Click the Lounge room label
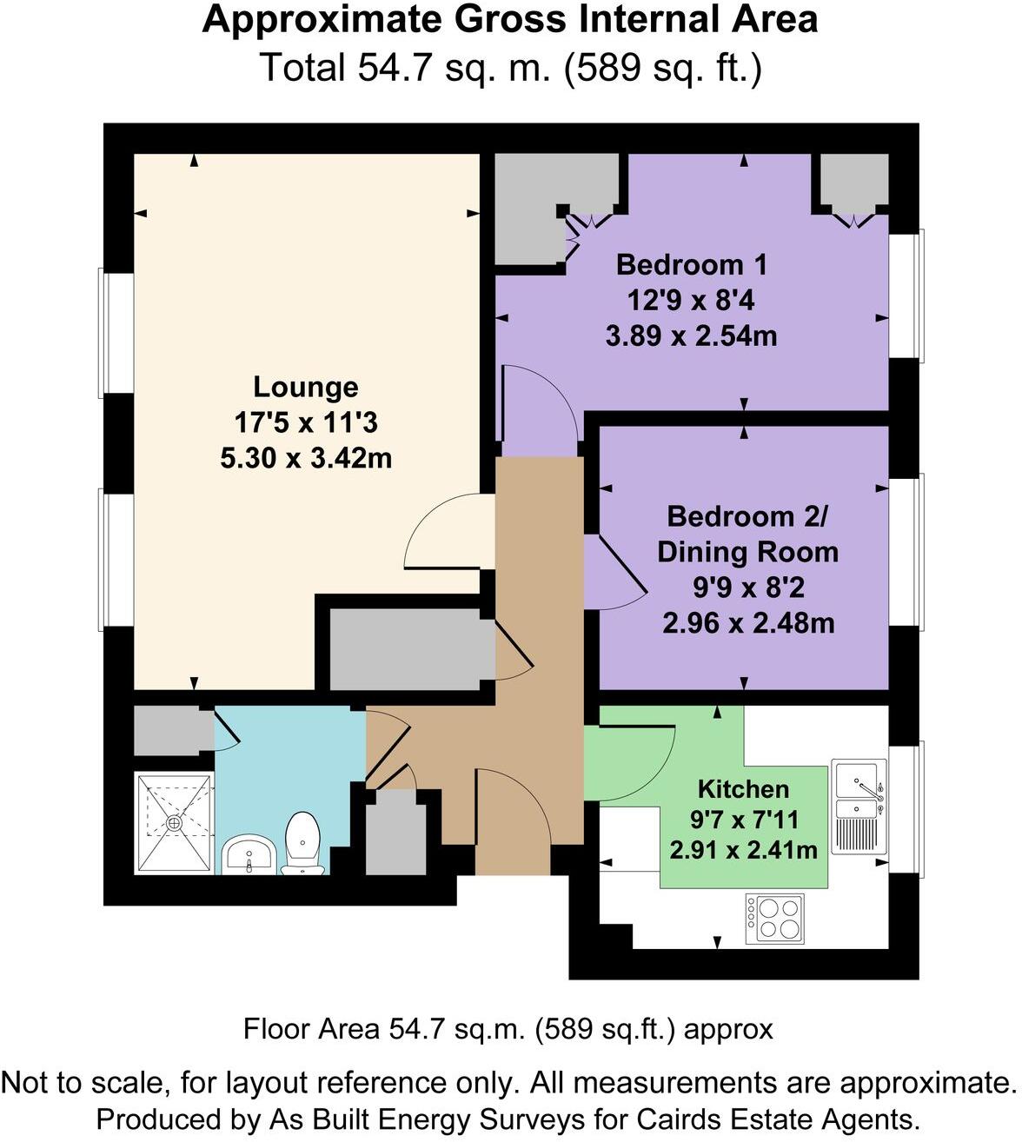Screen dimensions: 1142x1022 click(x=305, y=387)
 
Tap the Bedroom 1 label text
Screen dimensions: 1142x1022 click(x=691, y=264)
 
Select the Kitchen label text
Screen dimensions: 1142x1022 click(x=743, y=789)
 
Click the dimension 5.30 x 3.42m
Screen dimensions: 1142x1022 click(x=305, y=458)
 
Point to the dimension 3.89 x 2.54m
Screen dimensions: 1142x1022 click(x=691, y=335)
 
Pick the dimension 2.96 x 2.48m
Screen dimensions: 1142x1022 click(x=747, y=623)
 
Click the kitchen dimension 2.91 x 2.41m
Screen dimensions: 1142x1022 click(x=743, y=849)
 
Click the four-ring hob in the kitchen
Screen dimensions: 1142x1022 click(x=774, y=918)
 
